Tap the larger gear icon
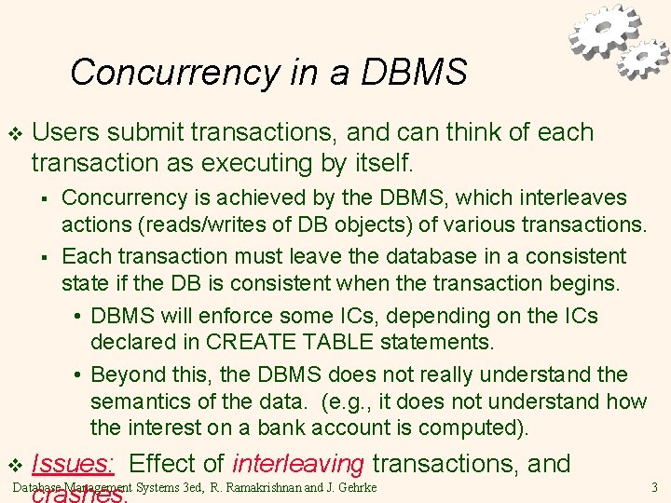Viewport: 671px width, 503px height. [605, 32]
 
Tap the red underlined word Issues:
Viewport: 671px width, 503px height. [73, 464]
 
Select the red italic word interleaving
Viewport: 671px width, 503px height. [297, 464]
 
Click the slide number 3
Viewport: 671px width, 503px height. [654, 487]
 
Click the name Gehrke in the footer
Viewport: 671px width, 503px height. [359, 487]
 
